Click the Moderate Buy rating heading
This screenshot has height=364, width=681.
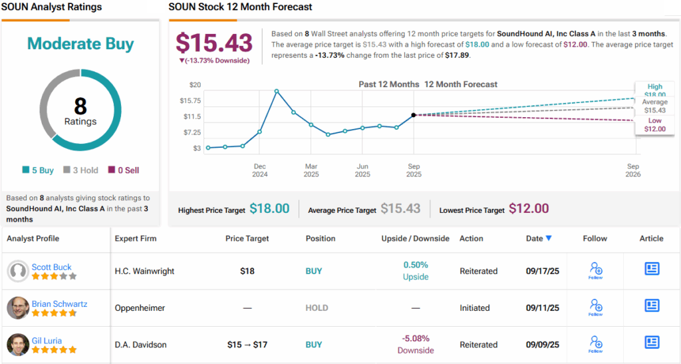80,44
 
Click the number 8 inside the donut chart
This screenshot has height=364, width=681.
80,106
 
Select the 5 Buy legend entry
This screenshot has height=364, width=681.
38,170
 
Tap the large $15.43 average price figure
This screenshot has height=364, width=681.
214,43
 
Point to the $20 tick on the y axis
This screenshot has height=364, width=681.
195,85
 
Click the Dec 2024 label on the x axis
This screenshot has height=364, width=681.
259,170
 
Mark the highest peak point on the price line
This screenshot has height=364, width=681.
277,91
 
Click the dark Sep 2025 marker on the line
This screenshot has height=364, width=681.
414,115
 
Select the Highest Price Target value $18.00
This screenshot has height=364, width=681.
269,209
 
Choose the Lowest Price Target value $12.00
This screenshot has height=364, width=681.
529,209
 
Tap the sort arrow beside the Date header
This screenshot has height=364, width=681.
548,238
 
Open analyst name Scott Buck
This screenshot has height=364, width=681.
51,267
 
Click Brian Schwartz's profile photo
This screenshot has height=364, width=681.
18,307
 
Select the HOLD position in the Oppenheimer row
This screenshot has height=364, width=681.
317,308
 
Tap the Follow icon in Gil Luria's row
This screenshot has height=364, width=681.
595,343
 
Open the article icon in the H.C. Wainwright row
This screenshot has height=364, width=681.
652,269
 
